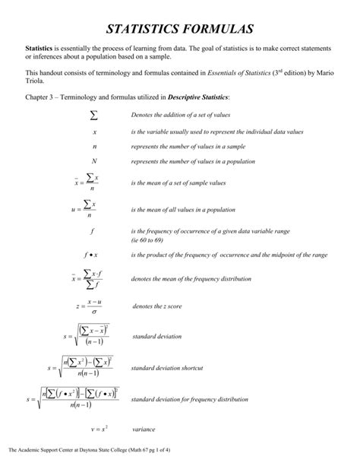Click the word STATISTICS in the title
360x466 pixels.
[x=144, y=30]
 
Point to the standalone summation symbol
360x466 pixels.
[x=94, y=115]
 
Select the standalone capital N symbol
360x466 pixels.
[x=94, y=162]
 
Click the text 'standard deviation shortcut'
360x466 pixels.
[x=166, y=368]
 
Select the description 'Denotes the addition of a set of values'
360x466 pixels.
[x=181, y=115]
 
